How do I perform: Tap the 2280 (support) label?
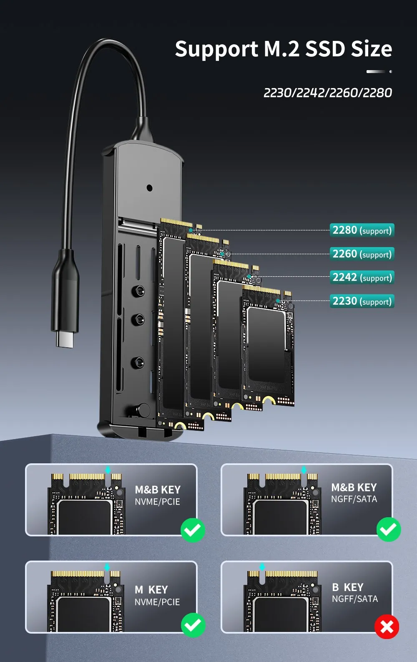pos(362,230)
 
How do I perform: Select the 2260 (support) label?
pos(362,254)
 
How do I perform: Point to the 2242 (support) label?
pos(362,278)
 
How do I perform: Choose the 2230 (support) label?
pos(362,301)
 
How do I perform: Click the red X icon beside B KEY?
pos(387,627)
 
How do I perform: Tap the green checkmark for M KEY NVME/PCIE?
pos(193,625)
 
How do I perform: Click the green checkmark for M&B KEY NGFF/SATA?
pos(389,529)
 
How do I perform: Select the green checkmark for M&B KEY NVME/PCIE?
pos(193,530)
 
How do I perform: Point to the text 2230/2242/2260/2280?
pos(328,93)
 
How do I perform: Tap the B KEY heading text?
pos(348,587)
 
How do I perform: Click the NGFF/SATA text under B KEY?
pos(355,599)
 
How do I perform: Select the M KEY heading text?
pos(151,590)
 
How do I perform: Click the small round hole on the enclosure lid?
pos(149,188)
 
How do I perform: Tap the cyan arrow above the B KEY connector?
pos(262,567)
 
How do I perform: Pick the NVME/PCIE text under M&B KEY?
pos(157,502)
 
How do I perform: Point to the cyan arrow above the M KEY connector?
pos(107,567)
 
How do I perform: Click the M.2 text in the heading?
pos(282,49)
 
